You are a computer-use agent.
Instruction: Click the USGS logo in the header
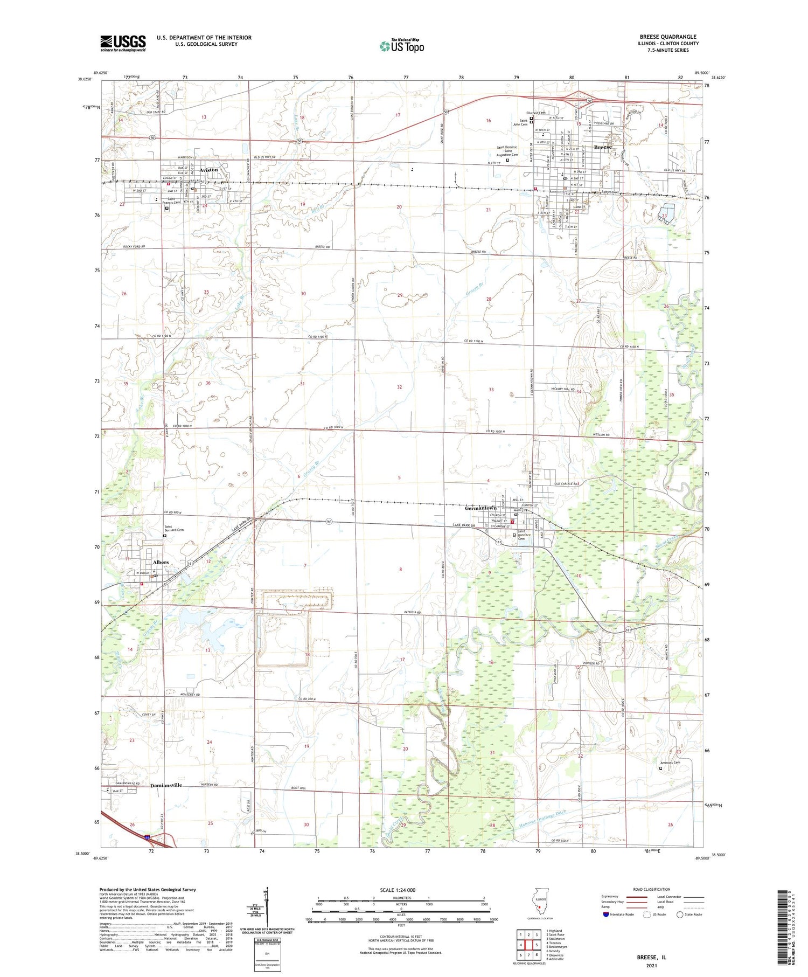122,43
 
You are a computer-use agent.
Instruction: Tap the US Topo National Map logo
401,45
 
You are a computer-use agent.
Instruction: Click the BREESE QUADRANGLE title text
667,37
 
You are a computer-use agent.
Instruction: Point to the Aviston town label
209,170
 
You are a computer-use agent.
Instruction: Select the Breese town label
602,147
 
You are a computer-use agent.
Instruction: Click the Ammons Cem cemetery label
670,763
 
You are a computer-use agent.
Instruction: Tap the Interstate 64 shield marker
147,837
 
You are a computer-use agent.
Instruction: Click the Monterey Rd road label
189,695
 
